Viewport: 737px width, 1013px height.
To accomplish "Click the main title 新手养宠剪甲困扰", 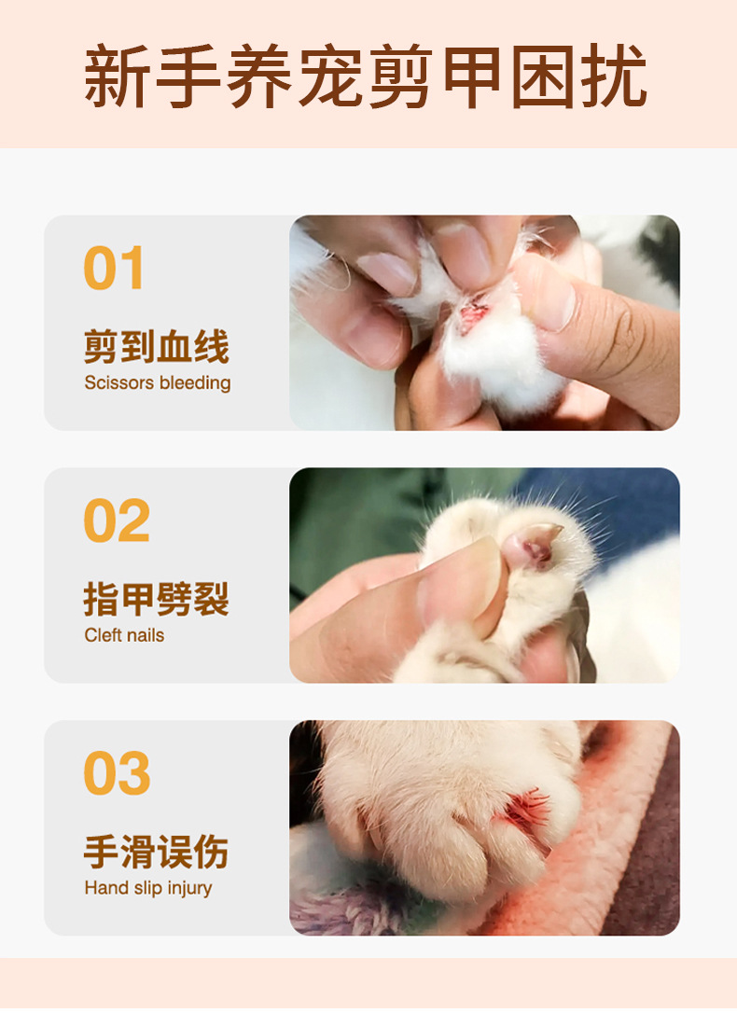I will pyautogui.click(x=366, y=76).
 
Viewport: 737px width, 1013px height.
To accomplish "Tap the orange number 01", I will pyautogui.click(x=115, y=269).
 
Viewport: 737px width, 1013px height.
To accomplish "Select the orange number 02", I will pyautogui.click(x=116, y=520).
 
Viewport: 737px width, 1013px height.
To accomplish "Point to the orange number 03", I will pyautogui.click(x=116, y=773).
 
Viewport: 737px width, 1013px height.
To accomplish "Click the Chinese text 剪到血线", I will pyautogui.click(x=156, y=347).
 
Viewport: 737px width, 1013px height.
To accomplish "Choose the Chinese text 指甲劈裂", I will pyautogui.click(x=156, y=599).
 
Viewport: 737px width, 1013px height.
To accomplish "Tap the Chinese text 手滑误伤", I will pyautogui.click(x=156, y=852).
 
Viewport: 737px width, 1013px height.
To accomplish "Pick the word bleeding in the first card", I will pyautogui.click(x=195, y=382).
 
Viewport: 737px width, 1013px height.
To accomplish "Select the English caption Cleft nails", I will pyautogui.click(x=124, y=635).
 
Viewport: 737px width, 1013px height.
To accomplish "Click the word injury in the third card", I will pyautogui.click(x=189, y=888).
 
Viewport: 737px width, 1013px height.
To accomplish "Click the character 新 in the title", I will pyautogui.click(x=118, y=76).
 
